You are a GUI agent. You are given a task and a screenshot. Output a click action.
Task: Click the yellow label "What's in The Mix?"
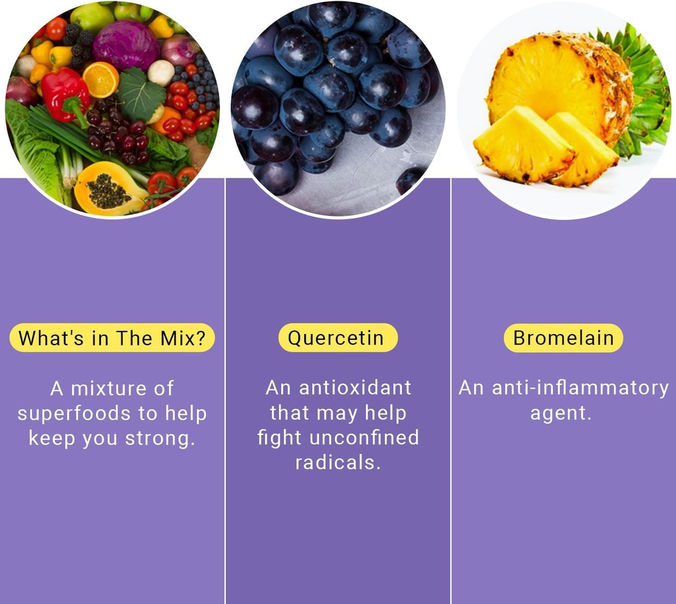coord(112,338)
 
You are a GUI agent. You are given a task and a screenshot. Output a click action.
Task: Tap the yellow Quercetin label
coord(337,338)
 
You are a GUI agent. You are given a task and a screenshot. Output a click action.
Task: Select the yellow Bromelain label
coord(563,338)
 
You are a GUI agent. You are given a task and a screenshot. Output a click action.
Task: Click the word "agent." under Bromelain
coord(560,414)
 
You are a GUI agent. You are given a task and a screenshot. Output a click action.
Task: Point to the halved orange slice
coord(100,79)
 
